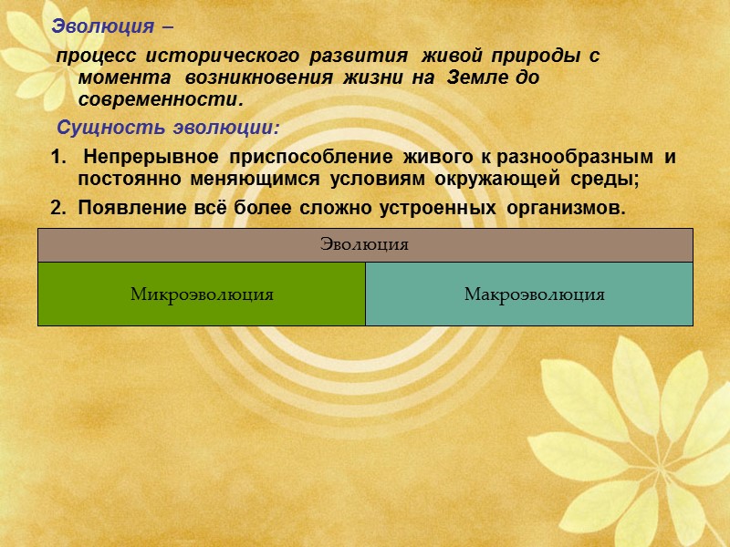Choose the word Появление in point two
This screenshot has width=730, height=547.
123,208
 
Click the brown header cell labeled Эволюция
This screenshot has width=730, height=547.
365,244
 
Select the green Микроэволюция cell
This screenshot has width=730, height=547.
202,294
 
